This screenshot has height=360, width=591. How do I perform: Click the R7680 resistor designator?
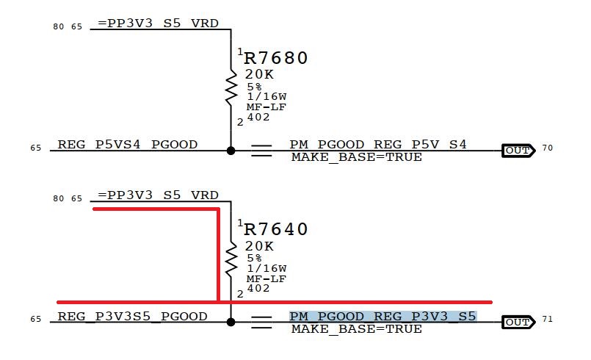[275, 58]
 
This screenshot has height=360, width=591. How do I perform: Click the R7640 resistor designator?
[275, 229]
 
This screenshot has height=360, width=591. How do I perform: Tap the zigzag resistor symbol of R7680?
[231, 87]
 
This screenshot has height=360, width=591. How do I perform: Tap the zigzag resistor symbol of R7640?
[231, 258]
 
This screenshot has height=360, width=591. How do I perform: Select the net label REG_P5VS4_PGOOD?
[127, 145]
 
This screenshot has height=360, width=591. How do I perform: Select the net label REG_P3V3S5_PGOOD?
[132, 317]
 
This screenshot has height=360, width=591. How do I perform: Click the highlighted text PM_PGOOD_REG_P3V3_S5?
[382, 317]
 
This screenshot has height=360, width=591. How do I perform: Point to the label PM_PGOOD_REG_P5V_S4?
[378, 145]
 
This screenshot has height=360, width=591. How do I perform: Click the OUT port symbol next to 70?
[517, 151]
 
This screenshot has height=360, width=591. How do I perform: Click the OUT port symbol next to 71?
[517, 322]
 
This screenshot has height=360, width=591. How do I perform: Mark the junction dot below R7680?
[231, 151]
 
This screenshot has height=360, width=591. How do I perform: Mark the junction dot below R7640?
[231, 322]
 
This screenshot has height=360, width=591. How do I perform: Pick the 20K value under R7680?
[260, 74]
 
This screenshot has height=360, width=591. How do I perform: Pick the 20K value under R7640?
[260, 246]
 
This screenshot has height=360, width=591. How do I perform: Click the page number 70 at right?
[547, 148]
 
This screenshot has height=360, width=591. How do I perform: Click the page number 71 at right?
[547, 320]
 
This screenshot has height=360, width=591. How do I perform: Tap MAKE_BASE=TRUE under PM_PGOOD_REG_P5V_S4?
[356, 157]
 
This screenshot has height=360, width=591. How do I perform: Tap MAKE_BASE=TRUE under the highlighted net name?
[356, 329]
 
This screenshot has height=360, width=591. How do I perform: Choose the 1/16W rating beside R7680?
[266, 97]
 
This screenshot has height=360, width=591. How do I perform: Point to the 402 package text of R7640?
[258, 288]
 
